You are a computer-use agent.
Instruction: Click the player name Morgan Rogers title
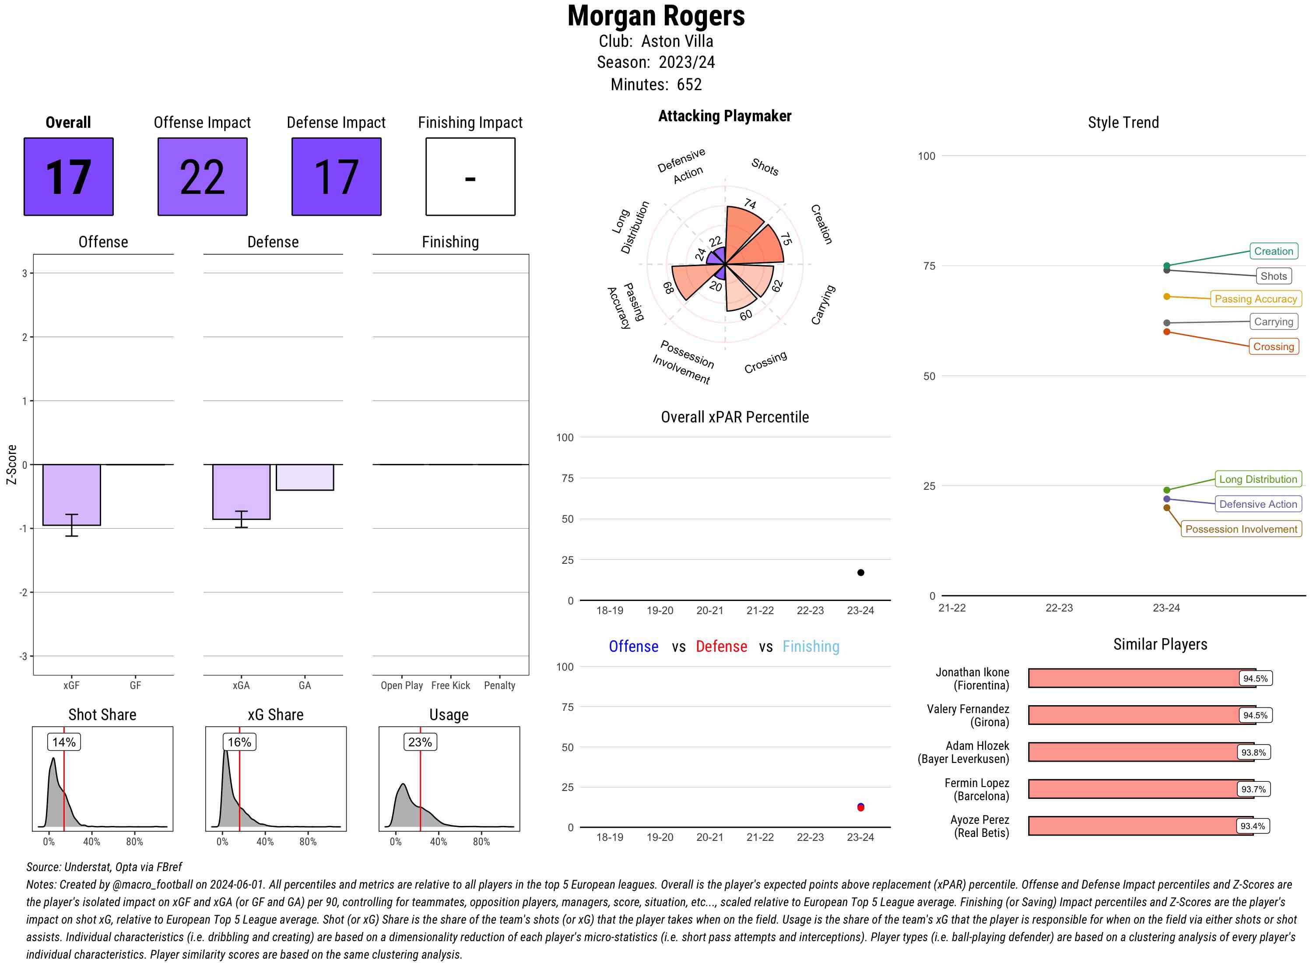tap(656, 16)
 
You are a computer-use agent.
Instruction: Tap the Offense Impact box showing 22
tap(202, 177)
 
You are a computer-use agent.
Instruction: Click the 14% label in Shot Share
tap(63, 742)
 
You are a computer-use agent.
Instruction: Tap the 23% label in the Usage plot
tap(420, 742)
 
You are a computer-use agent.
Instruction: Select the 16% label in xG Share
tap(239, 742)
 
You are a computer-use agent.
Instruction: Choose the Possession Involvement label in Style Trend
tap(1241, 529)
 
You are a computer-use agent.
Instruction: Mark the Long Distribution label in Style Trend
tap(1258, 479)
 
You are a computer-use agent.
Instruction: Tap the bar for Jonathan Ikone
tap(1134, 678)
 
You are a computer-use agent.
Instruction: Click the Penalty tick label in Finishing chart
tap(499, 685)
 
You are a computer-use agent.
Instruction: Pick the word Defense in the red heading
tap(721, 647)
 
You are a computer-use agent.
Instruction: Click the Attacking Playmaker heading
tap(724, 116)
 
